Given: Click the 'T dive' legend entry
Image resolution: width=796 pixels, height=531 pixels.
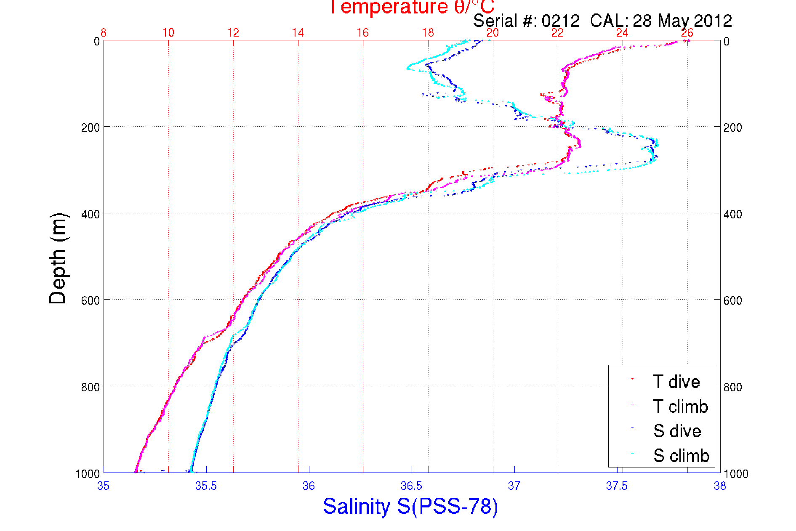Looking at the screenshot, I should [676, 382].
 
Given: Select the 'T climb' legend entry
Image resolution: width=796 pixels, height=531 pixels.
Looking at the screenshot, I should [680, 406].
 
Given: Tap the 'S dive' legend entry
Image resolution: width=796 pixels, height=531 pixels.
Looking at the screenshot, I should [677, 431].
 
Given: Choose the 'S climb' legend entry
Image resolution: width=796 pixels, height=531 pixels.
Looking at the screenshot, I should [681, 455].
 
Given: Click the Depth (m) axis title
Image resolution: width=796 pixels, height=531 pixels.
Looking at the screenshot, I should [58, 258].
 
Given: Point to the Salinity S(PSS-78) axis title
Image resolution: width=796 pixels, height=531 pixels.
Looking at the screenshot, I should [410, 506].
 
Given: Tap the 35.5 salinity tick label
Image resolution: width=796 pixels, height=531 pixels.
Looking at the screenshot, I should [206, 486].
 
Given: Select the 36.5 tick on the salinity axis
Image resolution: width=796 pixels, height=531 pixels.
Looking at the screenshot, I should [411, 486].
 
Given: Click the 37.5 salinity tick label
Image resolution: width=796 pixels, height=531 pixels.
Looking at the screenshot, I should [617, 486].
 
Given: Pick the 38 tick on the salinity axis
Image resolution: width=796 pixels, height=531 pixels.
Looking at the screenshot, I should [720, 486].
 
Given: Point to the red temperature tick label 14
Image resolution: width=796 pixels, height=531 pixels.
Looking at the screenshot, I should [298, 33].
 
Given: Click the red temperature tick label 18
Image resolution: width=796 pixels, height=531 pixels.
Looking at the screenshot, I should [428, 33].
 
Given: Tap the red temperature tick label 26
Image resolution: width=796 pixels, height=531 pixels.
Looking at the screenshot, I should [687, 33].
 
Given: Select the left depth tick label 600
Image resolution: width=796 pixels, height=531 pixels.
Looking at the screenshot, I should [90, 300].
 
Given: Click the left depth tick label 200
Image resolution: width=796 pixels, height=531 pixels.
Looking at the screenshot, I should [90, 127].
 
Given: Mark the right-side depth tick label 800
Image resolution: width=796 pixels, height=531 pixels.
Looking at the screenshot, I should [733, 387].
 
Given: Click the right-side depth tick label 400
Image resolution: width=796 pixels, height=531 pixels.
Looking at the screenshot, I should [733, 214].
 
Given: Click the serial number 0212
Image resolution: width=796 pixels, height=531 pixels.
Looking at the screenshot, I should [560, 21].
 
